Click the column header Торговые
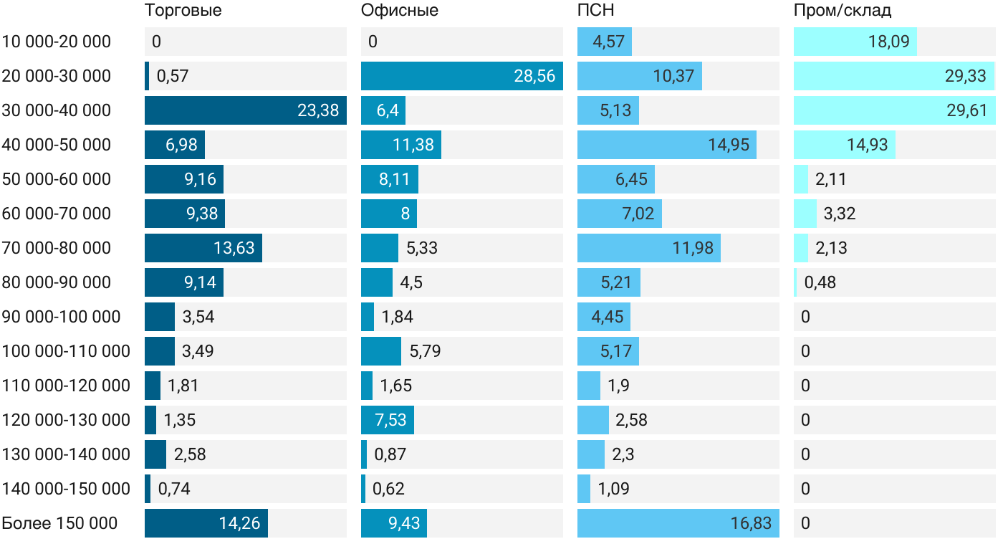(x=183, y=11)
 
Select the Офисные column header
(x=400, y=11)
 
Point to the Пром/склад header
(x=843, y=11)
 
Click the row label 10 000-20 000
(x=57, y=42)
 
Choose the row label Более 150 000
(x=59, y=523)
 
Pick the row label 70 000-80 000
(x=57, y=248)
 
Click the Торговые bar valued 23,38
(x=245, y=110)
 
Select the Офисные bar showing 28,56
(x=461, y=76)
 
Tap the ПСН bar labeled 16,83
(x=678, y=523)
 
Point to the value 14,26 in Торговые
(x=239, y=523)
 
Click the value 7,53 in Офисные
(x=391, y=420)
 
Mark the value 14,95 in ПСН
(x=729, y=145)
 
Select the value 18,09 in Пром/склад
(x=888, y=42)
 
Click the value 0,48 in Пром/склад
(x=820, y=282)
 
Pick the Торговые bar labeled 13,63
(x=203, y=248)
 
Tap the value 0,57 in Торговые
(x=172, y=76)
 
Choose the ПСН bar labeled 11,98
(x=648, y=248)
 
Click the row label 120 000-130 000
(x=66, y=420)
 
